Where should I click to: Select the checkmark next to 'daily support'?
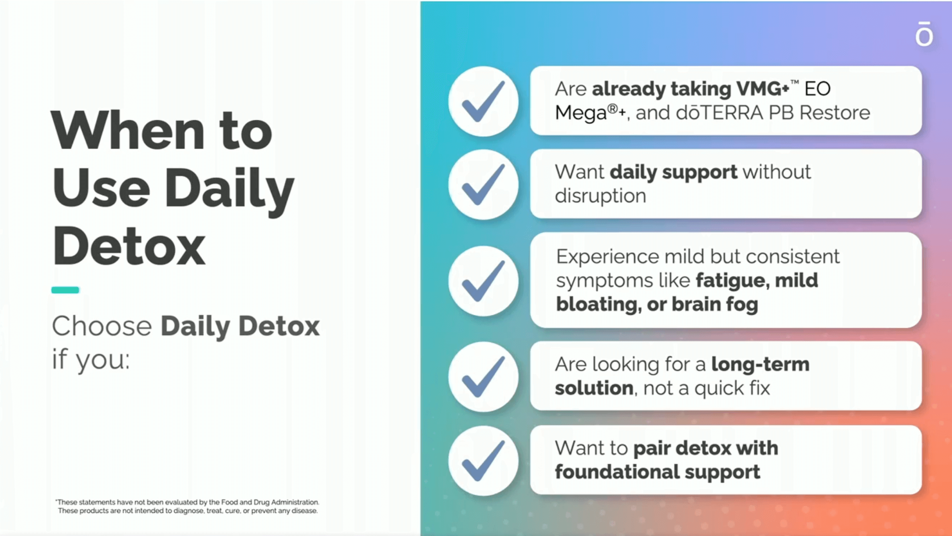click(x=483, y=185)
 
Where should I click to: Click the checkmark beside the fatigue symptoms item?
click(x=483, y=281)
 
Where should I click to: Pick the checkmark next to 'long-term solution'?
click(x=483, y=377)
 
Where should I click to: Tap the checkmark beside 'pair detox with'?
click(x=483, y=461)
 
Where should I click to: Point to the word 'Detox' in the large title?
click(x=129, y=245)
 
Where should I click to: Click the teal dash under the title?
click(x=65, y=290)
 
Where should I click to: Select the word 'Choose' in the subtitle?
click(x=102, y=326)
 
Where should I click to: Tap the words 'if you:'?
click(x=91, y=359)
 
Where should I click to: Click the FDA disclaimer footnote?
click(x=188, y=506)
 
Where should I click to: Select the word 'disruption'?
click(x=601, y=196)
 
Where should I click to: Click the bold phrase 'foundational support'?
click(x=658, y=472)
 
